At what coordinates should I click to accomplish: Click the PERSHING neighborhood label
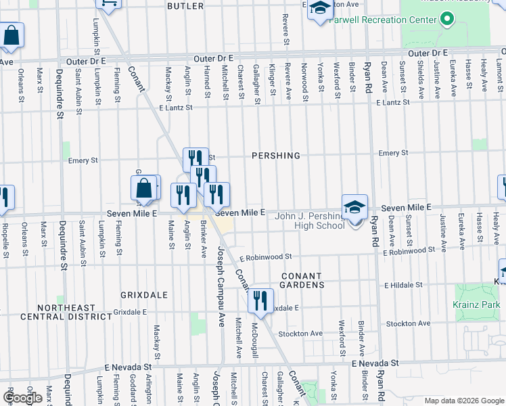(275, 156)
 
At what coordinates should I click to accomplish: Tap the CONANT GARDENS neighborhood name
(302, 280)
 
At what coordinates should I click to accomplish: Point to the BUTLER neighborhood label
(185, 6)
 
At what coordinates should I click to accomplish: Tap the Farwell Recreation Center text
(383, 20)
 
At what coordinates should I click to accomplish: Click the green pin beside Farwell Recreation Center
(446, 20)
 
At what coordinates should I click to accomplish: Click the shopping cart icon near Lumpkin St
(108, 3)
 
